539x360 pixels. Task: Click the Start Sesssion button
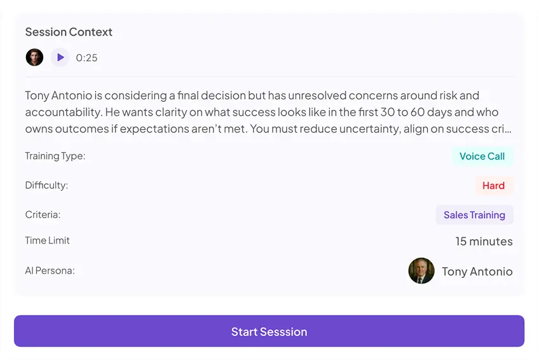pyautogui.click(x=269, y=331)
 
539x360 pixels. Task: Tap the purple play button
pyautogui.click(x=60, y=57)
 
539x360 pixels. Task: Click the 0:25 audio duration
pyautogui.click(x=86, y=58)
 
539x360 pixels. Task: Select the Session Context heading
pyautogui.click(x=69, y=32)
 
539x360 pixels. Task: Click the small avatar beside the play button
pyautogui.click(x=34, y=57)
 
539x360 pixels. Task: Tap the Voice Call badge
pyautogui.click(x=482, y=156)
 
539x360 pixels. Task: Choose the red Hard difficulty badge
pyautogui.click(x=494, y=186)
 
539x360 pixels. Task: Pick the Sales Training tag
pyautogui.click(x=474, y=215)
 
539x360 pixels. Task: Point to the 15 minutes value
pyautogui.click(x=484, y=241)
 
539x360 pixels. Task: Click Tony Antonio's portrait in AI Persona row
pyautogui.click(x=421, y=271)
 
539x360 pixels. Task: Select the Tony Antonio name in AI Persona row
pyautogui.click(x=477, y=272)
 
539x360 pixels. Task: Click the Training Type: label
pyautogui.click(x=55, y=156)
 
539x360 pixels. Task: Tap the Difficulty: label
pyautogui.click(x=46, y=185)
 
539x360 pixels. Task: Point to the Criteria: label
pyautogui.click(x=43, y=214)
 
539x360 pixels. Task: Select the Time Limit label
pyautogui.click(x=47, y=240)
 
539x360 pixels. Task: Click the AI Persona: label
pyautogui.click(x=50, y=270)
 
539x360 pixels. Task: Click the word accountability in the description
pyautogui.click(x=64, y=112)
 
